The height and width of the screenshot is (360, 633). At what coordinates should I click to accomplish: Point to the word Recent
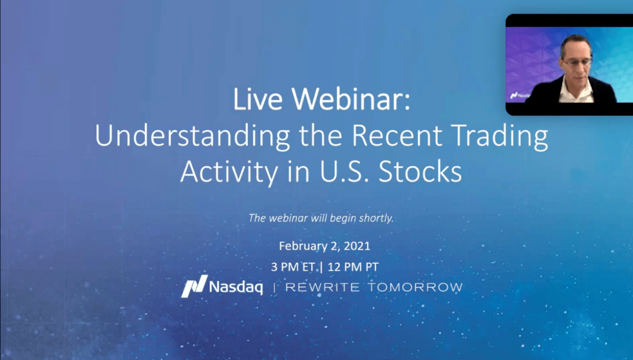click(x=397, y=135)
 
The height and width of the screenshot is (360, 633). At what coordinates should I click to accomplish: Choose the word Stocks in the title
click(x=420, y=172)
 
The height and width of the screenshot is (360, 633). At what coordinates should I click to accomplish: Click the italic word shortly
click(x=376, y=219)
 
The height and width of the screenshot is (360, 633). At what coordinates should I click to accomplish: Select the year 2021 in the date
click(x=357, y=246)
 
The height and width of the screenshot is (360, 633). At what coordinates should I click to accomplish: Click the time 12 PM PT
click(x=353, y=267)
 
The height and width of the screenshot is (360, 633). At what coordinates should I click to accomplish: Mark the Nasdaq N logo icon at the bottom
click(x=194, y=287)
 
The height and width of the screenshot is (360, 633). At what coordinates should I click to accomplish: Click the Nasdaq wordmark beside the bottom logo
click(x=236, y=287)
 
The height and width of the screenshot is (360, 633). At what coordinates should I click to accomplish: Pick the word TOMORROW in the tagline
click(x=415, y=288)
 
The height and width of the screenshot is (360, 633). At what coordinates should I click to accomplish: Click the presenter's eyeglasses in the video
click(x=578, y=62)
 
